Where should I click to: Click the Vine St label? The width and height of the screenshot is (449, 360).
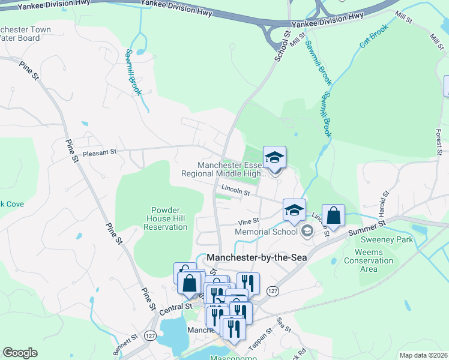[x=248, y=221]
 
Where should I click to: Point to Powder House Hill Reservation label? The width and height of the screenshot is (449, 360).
[x=161, y=218]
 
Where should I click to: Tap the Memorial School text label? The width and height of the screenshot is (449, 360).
[x=266, y=232]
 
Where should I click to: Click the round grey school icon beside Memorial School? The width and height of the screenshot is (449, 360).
[x=307, y=231]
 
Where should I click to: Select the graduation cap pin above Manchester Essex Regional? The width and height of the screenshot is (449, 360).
[x=275, y=158]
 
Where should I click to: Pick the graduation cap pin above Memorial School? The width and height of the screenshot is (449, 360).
[x=294, y=210]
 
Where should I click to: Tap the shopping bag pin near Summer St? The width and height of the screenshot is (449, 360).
[x=333, y=216]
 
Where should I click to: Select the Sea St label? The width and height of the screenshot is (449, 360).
[x=284, y=326]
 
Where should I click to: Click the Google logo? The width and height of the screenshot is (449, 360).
[x=20, y=353]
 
